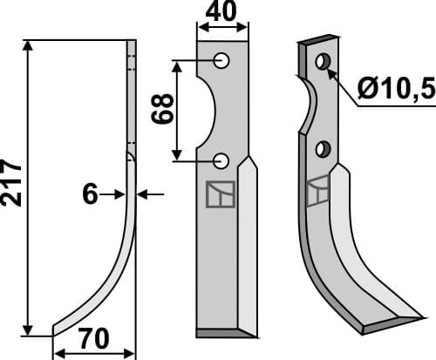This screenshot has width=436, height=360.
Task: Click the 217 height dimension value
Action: [11, 181]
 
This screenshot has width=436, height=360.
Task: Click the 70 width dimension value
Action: [93, 338]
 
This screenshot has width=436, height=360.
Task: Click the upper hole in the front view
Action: [221, 60]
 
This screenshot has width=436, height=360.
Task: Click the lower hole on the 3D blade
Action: [324, 148]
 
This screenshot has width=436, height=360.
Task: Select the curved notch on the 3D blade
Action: [307, 106]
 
